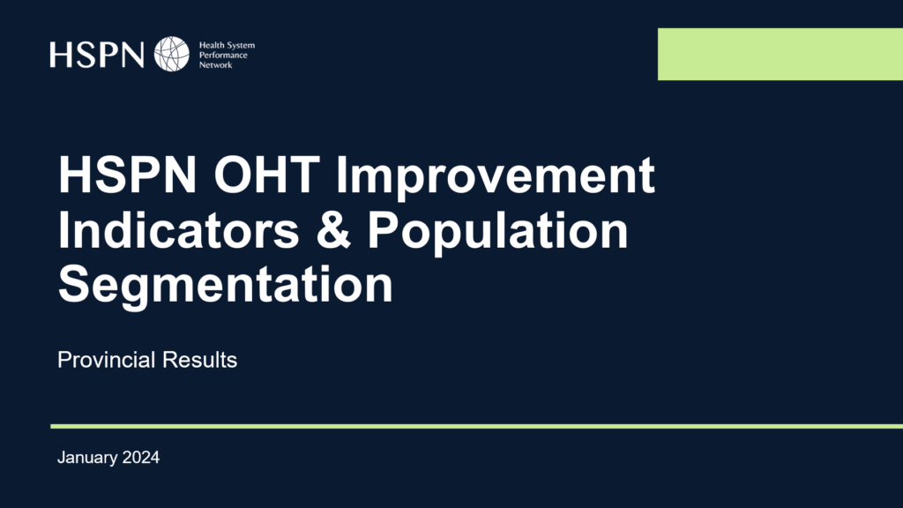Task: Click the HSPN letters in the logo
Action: tap(97, 55)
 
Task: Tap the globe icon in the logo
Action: tap(172, 54)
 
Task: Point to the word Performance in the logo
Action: tap(223, 56)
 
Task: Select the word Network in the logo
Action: tap(216, 65)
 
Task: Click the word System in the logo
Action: tap(240, 46)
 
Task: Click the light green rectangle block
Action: tap(780, 54)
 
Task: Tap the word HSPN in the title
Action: tap(128, 176)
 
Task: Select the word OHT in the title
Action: tap(266, 176)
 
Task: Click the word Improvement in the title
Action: tap(496, 177)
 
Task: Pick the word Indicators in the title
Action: tap(178, 230)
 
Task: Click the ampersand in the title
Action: tap(333, 230)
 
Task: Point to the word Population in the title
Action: tap(498, 232)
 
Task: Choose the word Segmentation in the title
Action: tap(226, 286)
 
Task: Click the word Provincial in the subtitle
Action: tap(107, 360)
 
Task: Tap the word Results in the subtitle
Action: tap(200, 360)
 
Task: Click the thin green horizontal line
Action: tap(477, 426)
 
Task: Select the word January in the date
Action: tap(87, 458)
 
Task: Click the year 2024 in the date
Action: tap(141, 458)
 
